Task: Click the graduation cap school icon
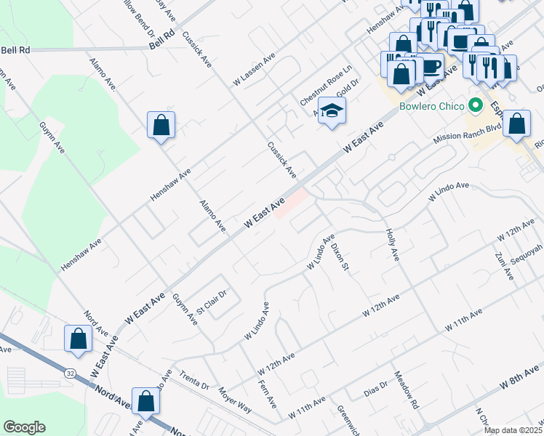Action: [332, 110]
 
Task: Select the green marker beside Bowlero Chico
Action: [476, 106]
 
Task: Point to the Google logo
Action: [24, 427]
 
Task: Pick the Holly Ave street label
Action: [392, 245]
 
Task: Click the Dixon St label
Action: [340, 257]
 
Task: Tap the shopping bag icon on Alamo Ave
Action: [161, 125]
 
